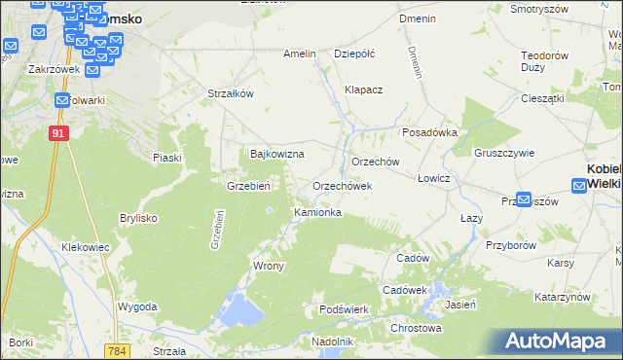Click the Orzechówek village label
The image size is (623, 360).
342,186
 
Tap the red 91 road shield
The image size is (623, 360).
59,133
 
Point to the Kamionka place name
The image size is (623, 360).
317,211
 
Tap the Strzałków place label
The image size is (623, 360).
231,93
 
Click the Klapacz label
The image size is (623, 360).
364,90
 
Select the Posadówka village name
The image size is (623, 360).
429,133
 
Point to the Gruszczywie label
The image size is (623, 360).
504,153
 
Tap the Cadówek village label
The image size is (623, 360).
405,290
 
